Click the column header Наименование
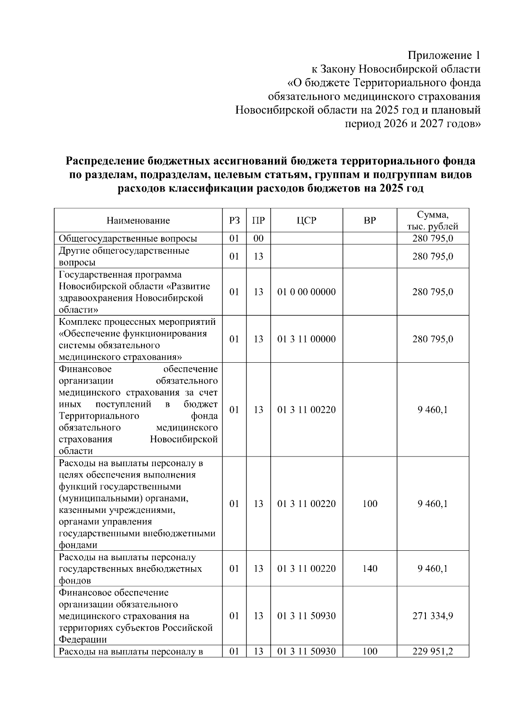138,220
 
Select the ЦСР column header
306,220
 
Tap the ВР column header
370,220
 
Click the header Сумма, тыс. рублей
433,220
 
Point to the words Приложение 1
444,56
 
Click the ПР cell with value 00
258,239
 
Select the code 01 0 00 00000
306,292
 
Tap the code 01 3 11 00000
306,339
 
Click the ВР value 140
370,569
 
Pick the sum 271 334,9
433,616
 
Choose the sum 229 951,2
433,652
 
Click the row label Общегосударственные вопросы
128,239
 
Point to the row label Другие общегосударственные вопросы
124,256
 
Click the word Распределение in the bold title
105,162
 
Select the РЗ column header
234,220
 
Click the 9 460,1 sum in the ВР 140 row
433,569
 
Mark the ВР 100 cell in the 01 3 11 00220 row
370,504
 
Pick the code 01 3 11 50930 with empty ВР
306,616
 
